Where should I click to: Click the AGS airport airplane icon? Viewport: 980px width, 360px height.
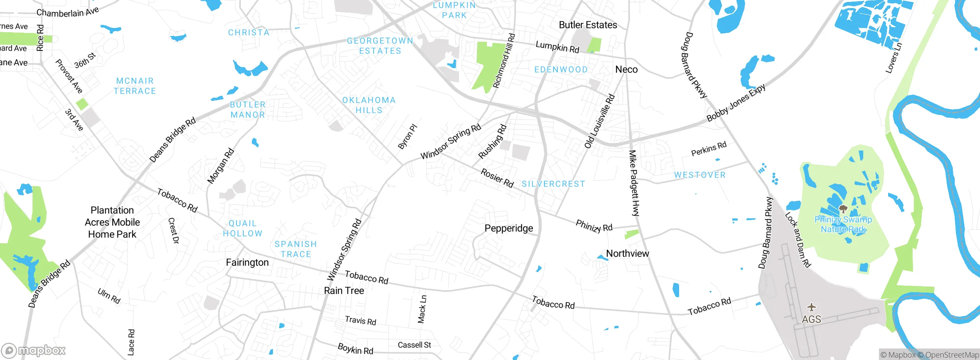point(811,307)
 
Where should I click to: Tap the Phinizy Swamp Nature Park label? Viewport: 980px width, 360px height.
point(843,224)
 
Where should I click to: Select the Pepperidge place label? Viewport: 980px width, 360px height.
point(508,228)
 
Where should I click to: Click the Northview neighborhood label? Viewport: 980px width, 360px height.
point(627,254)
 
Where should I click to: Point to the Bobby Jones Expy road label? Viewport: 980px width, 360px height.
point(736,103)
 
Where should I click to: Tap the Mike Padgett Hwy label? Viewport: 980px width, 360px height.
point(634,183)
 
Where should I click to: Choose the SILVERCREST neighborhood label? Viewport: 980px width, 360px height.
point(553,184)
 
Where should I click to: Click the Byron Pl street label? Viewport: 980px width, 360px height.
point(407,137)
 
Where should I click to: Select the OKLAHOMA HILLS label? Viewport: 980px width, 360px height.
point(369,105)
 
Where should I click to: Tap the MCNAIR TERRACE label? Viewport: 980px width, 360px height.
point(135,86)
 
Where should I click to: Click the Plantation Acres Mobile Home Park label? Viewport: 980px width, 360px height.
point(112,222)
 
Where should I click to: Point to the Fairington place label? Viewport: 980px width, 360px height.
point(247,262)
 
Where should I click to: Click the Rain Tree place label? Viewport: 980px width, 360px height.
point(344,291)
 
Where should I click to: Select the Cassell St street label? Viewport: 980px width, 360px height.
point(414,345)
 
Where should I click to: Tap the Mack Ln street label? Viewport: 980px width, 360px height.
point(422,309)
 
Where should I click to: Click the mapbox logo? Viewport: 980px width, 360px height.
point(34,350)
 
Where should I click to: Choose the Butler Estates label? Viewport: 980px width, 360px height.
point(588,25)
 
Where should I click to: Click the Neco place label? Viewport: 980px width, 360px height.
point(626,69)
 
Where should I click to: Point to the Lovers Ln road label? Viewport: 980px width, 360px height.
point(893,58)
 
